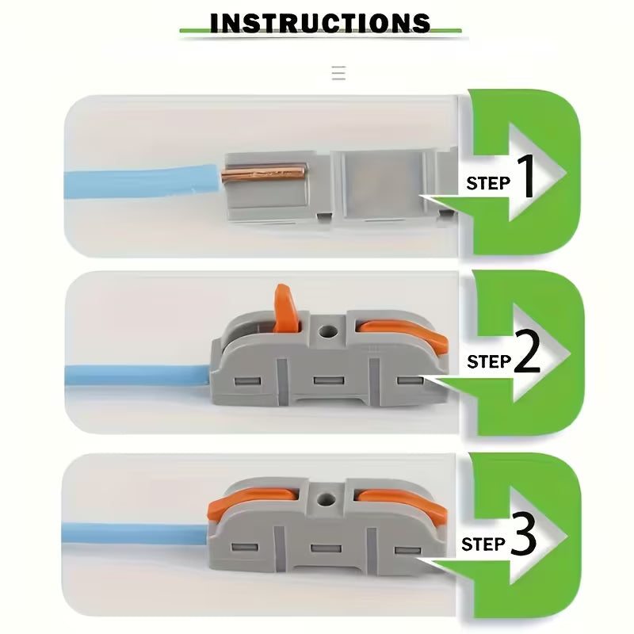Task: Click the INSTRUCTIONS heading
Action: click(x=320, y=21)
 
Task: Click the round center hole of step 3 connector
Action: click(x=323, y=498)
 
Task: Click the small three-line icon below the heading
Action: click(x=338, y=74)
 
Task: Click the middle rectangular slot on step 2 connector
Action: click(x=323, y=380)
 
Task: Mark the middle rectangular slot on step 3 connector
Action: click(x=320, y=548)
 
